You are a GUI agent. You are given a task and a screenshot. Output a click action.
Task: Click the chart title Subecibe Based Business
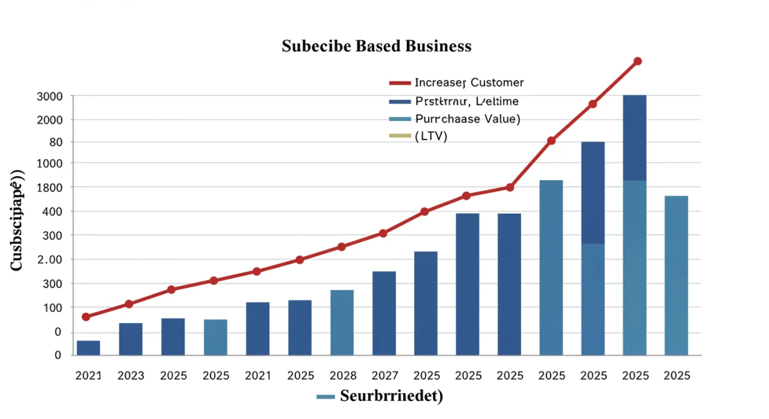(x=376, y=46)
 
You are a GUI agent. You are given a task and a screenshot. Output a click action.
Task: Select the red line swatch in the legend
(x=399, y=83)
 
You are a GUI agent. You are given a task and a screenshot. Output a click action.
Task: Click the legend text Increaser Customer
(x=469, y=83)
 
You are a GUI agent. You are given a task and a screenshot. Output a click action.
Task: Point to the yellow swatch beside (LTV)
(x=399, y=136)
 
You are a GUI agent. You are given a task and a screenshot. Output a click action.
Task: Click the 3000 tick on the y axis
(x=50, y=96)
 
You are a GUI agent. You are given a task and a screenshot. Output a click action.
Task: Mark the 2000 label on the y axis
(x=50, y=120)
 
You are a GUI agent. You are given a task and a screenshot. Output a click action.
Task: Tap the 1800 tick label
(x=50, y=187)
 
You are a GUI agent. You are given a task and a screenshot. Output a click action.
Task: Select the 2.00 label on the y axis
(x=49, y=259)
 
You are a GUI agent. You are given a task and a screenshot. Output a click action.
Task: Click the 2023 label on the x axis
(x=131, y=375)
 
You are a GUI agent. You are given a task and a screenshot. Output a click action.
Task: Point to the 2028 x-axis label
(x=342, y=375)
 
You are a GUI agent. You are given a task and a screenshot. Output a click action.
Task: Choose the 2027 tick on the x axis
(x=384, y=375)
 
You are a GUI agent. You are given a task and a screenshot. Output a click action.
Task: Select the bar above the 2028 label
(x=342, y=322)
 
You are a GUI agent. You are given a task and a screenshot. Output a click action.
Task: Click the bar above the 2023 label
(x=131, y=339)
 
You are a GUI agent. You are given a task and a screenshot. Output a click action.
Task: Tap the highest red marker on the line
(x=637, y=62)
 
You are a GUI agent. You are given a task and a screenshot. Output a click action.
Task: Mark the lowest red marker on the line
(x=87, y=316)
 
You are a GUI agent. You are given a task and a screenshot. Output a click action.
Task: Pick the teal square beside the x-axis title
(x=326, y=397)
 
